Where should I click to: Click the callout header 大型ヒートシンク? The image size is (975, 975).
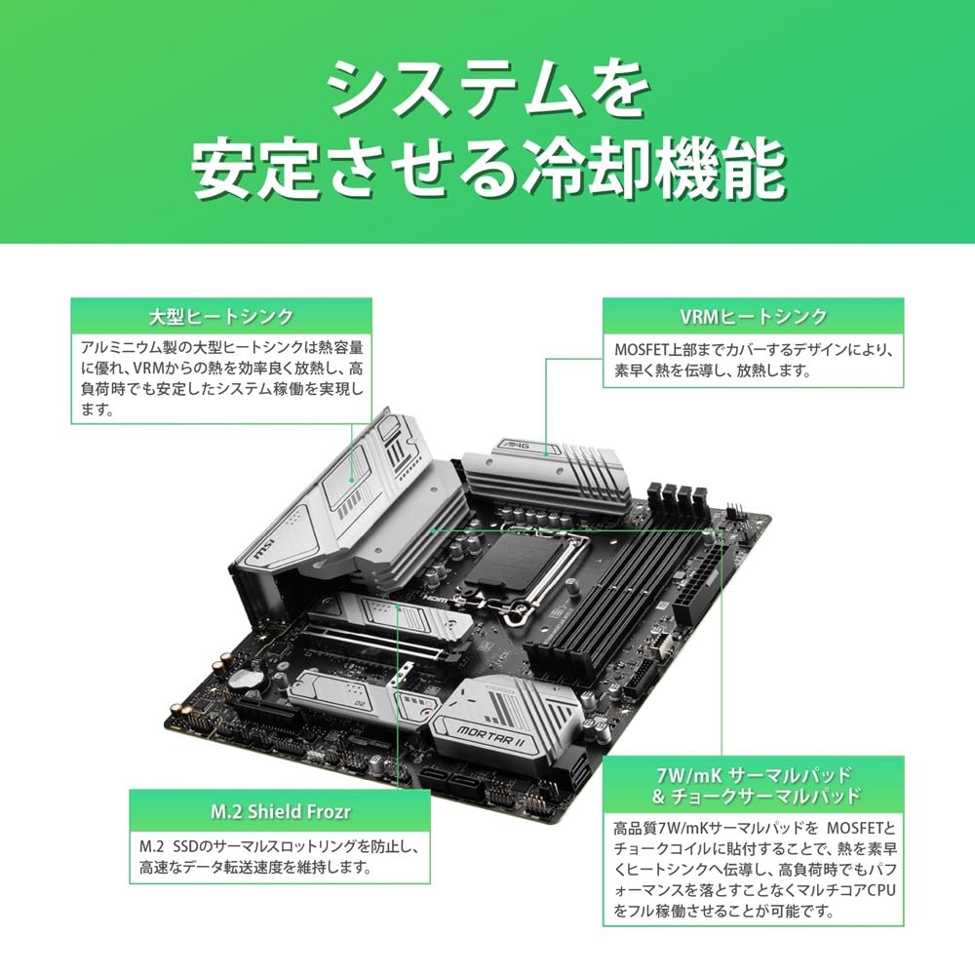[220, 317]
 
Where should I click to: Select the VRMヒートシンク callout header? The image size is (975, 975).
[752, 317]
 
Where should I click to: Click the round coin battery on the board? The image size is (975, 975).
[253, 675]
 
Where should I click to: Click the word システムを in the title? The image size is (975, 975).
[487, 90]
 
